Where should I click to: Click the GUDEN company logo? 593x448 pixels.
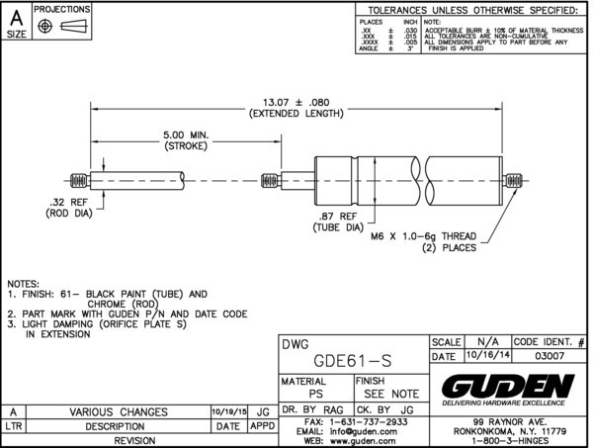tap(508, 384)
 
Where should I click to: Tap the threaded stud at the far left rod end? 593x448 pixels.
tap(77, 182)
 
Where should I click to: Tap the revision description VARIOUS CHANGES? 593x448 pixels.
tap(118, 411)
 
